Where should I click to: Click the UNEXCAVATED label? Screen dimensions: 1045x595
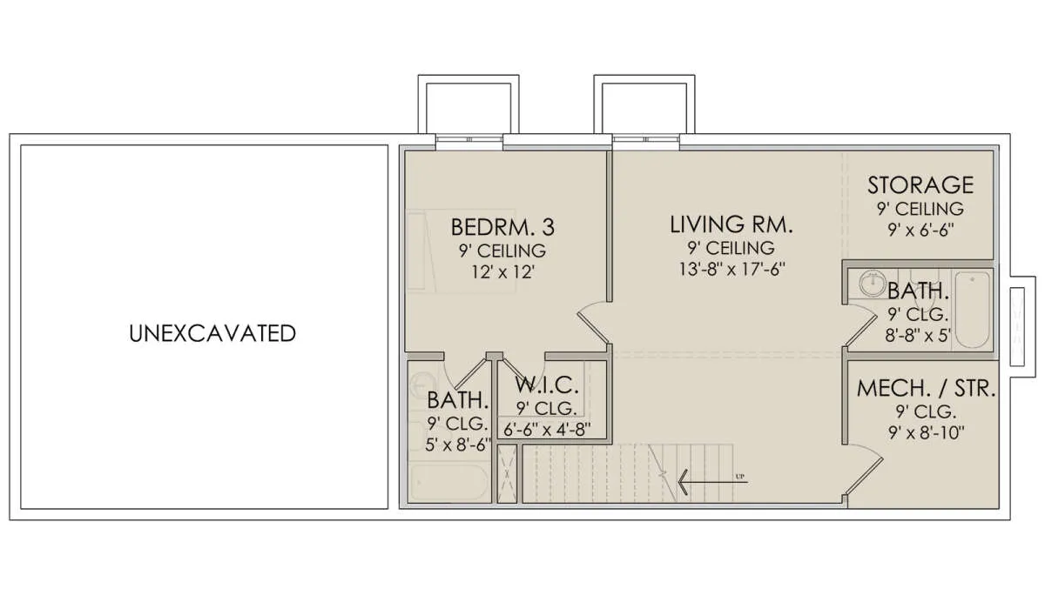pos(212,333)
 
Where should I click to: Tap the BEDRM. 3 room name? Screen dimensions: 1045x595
pos(503,227)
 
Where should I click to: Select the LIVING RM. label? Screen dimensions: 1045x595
pos(731,224)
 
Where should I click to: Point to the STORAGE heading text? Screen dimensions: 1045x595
pos(920,185)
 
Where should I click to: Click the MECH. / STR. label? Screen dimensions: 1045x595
pos(926,389)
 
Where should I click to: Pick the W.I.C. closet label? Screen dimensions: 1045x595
pos(547,384)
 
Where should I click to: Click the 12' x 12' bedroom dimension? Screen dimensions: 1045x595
pos(503,272)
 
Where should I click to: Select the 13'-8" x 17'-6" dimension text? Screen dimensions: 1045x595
pos(732,270)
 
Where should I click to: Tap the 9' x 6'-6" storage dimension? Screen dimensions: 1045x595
pos(921,231)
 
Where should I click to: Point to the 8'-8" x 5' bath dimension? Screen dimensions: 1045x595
pos(918,336)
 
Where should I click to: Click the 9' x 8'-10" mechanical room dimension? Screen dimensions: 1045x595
pos(926,433)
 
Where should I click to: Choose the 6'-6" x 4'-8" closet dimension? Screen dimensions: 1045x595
pos(547,429)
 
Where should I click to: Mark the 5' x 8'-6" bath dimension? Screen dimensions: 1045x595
pos(458,445)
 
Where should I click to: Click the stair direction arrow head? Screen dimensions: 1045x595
pos(684,482)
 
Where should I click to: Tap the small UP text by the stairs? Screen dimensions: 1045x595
pos(740,477)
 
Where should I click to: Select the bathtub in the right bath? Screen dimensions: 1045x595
pos(972,310)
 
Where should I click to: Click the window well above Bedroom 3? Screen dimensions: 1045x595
pos(469,104)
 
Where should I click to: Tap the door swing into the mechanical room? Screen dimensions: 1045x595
pos(864,473)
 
